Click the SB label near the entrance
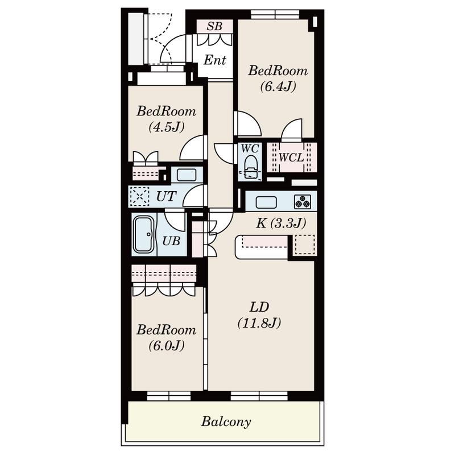tap(214, 26)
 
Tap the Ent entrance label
tap(215, 60)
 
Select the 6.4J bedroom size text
tap(278, 86)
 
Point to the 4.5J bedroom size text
tap(167, 127)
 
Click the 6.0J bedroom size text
tap(167, 346)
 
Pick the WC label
tap(250, 148)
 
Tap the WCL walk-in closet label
tap(291, 158)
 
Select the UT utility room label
tap(166, 196)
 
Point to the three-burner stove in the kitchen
tap(303, 202)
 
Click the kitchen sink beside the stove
tap(266, 202)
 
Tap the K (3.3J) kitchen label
tap(281, 224)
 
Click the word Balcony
tap(226, 421)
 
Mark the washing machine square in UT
tap(139, 196)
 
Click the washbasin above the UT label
tap(187, 175)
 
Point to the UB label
tap(171, 241)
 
